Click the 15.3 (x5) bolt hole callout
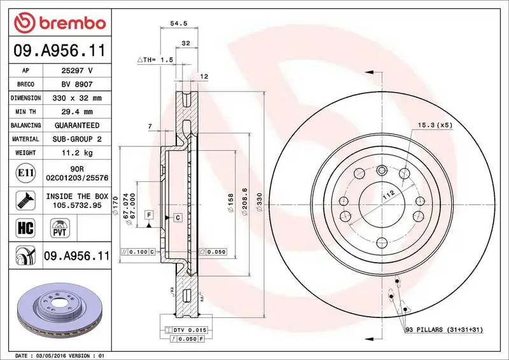(x=435, y=125)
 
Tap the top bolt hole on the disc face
(x=381, y=170)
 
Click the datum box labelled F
(x=149, y=214)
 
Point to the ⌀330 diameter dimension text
(x=260, y=203)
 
